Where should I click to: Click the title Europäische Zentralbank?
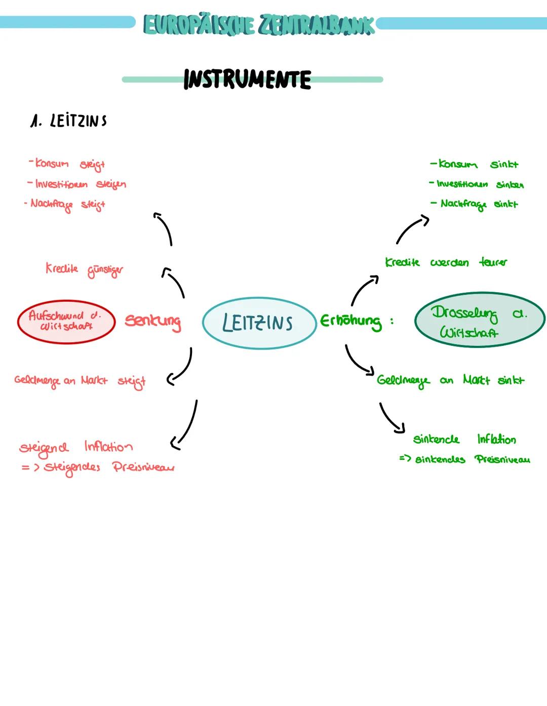(259, 24)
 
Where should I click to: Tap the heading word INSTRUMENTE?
(247, 80)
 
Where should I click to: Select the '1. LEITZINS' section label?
(68, 121)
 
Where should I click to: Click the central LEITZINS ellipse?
(259, 323)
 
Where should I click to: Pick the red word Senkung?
(152, 322)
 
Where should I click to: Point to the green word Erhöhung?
(351, 322)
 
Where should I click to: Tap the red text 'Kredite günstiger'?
(84, 269)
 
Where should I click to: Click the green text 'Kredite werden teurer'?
(446, 262)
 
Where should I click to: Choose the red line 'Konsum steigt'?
(67, 164)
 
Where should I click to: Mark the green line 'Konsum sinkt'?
(474, 165)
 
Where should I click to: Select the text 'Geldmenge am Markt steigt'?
(80, 381)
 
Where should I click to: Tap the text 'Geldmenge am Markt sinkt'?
(450, 380)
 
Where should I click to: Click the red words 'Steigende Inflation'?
(76, 447)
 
